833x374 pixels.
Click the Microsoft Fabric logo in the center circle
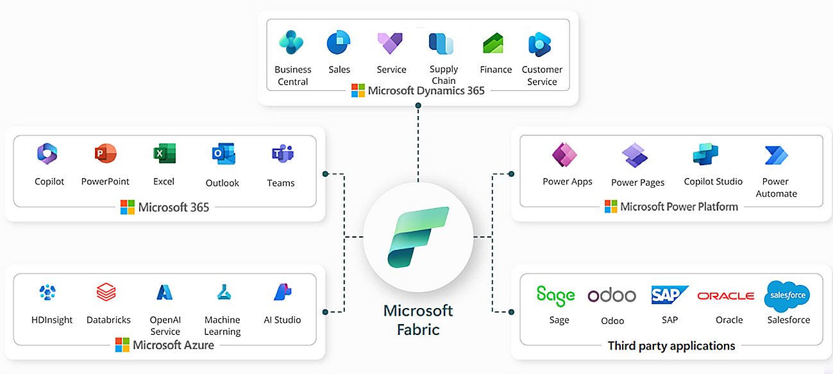[x=418, y=236]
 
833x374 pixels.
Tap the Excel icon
[x=164, y=154]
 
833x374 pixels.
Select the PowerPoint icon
[x=105, y=154]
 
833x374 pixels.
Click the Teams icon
[x=282, y=154]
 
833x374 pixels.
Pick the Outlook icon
[x=223, y=154]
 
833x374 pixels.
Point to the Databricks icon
[x=106, y=293]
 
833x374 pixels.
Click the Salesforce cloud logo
[x=787, y=296]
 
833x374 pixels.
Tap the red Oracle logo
[x=725, y=296]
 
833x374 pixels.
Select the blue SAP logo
[x=669, y=295]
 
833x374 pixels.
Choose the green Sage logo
[x=555, y=295]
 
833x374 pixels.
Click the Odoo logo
[x=612, y=295]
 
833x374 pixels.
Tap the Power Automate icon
[x=776, y=155]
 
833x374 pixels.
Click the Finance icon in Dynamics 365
[x=493, y=44]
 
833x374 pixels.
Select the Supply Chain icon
[x=441, y=44]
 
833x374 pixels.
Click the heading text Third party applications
[x=671, y=346]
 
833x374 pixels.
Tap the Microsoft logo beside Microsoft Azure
[x=122, y=345]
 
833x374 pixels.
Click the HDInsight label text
[x=52, y=320]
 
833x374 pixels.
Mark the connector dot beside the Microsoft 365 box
[x=326, y=174]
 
